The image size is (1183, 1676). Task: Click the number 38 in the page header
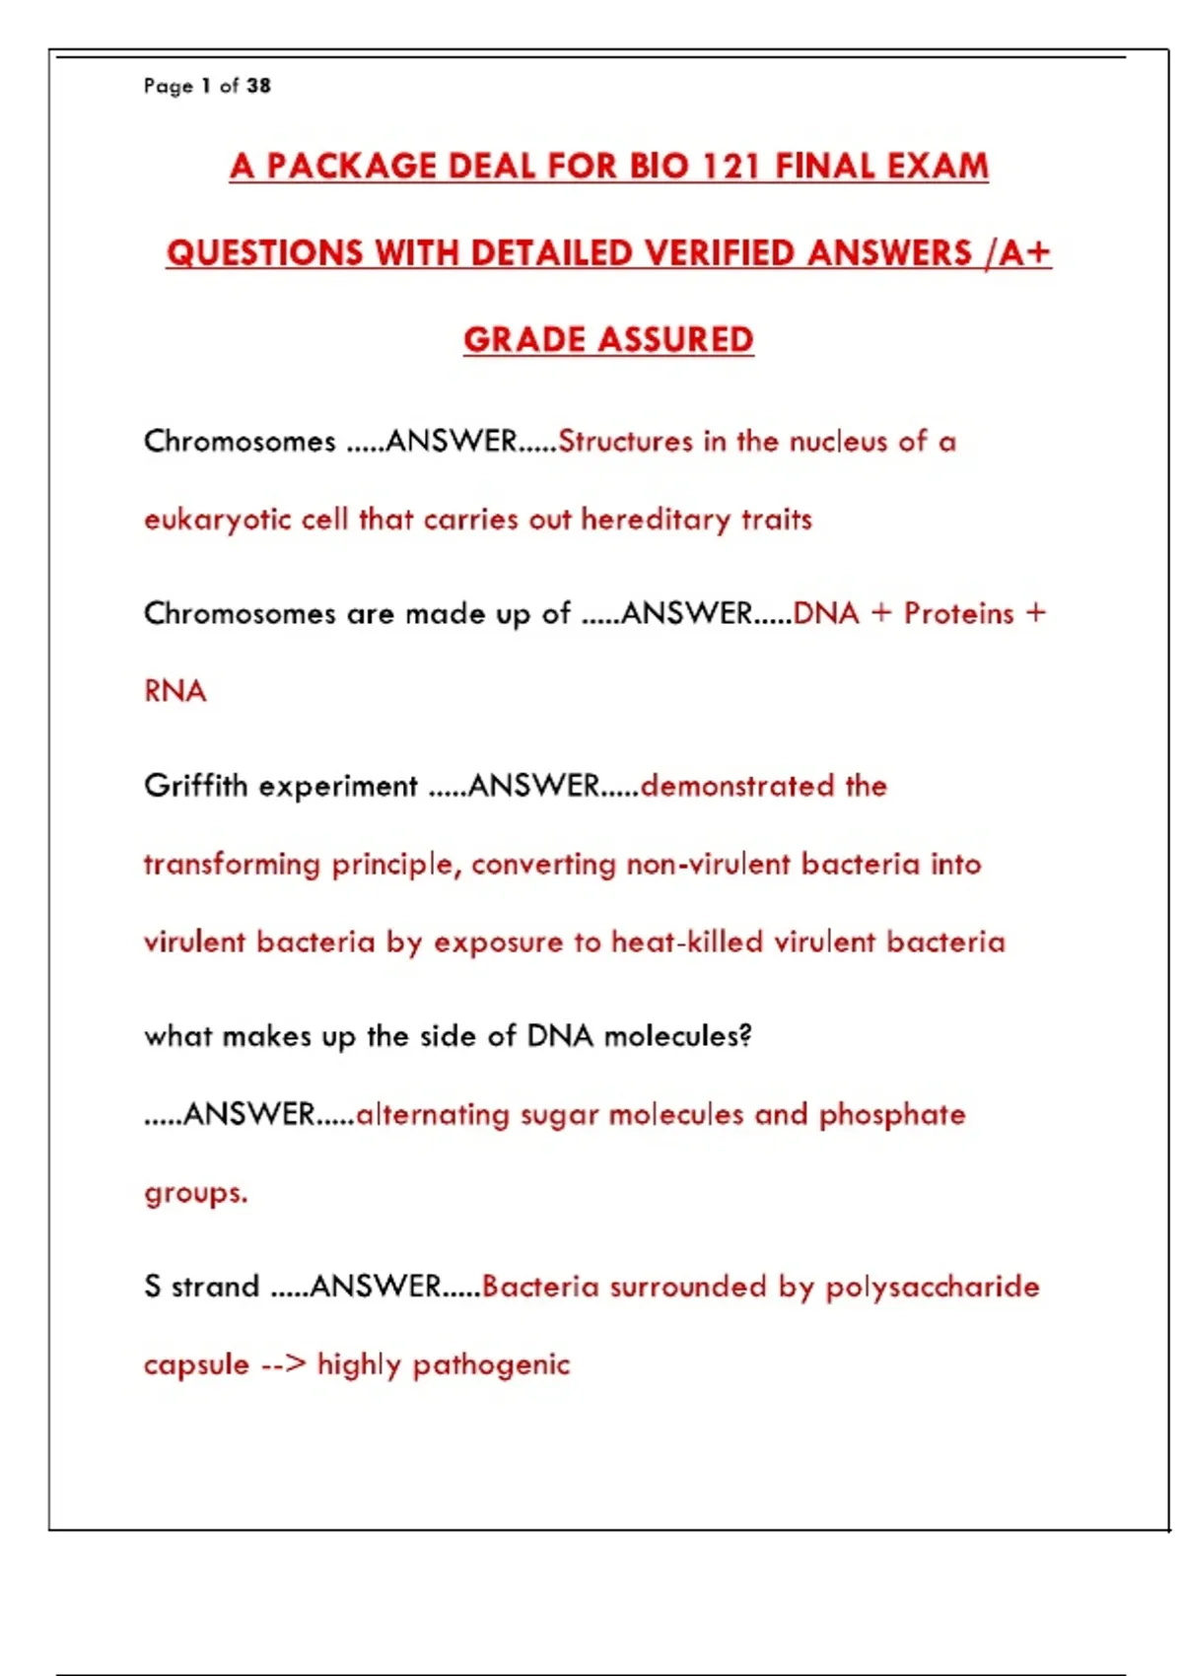[258, 86]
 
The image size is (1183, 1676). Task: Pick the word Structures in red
[626, 441]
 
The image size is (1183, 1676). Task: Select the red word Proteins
[959, 613]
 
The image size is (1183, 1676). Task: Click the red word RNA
[175, 691]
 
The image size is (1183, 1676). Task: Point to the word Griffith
[195, 786]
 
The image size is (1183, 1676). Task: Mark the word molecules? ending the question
[678, 1036]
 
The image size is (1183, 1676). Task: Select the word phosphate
[892, 1115]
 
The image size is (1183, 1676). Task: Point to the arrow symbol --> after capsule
[284, 1365]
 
